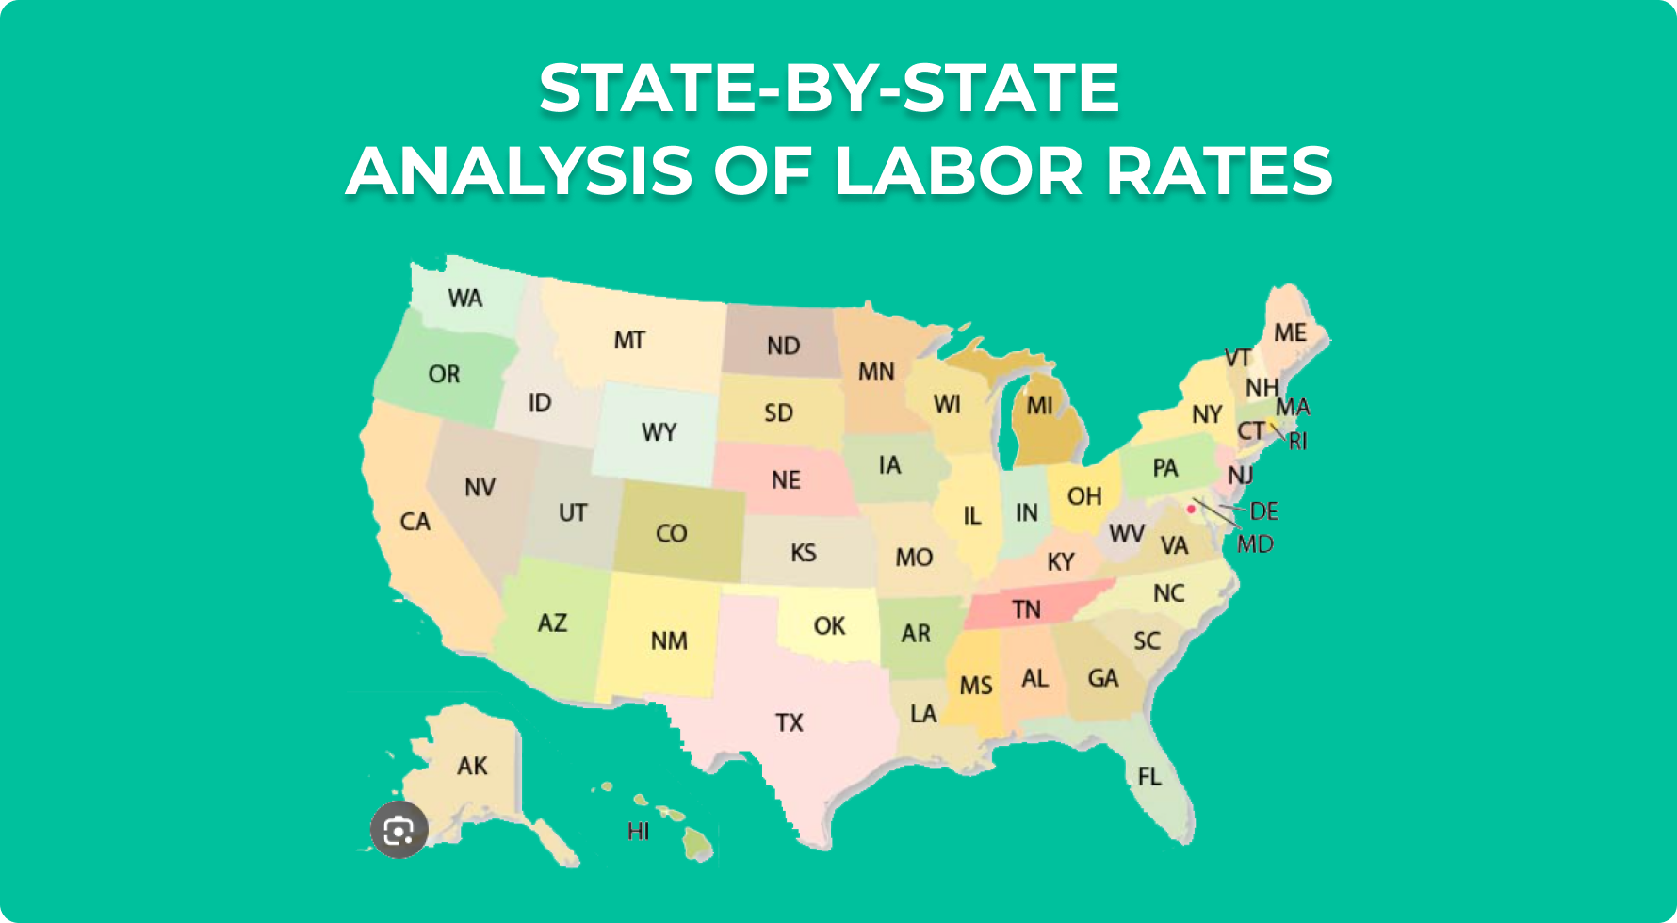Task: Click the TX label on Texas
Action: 790,723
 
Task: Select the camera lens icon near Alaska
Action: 399,830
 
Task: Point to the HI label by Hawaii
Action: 638,832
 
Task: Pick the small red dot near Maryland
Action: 1191,509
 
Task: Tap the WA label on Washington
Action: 464,299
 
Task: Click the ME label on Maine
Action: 1290,332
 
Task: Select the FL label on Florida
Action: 1148,776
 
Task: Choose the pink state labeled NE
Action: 785,480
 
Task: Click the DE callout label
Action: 1263,511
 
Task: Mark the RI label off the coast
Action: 1298,441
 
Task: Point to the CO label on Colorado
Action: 671,534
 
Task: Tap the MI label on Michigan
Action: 1039,406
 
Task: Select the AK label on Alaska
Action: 472,766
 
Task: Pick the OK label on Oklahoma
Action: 829,626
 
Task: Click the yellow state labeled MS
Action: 975,686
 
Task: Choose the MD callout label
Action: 1255,544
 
